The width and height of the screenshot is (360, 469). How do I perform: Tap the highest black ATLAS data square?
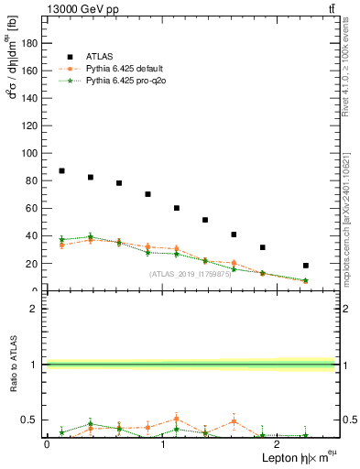(61, 171)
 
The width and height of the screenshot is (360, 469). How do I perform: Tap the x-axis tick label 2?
(277, 444)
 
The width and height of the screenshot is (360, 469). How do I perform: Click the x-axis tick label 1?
(162, 444)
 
